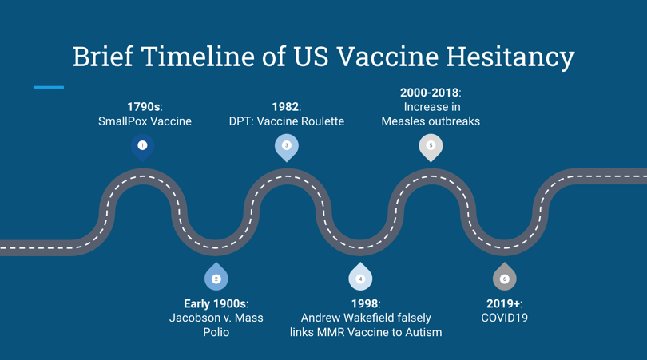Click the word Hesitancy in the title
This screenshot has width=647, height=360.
(x=510, y=57)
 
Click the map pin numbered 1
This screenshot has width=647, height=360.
(x=142, y=147)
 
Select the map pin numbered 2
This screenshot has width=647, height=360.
(x=216, y=276)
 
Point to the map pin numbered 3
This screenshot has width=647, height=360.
(x=287, y=147)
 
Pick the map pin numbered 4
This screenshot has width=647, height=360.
(x=360, y=276)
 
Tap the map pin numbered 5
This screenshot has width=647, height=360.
(x=431, y=147)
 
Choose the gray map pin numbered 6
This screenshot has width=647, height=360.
(x=504, y=276)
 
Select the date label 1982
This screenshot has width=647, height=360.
(x=285, y=107)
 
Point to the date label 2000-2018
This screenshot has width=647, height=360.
(x=429, y=93)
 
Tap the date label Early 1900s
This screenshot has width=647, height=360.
(x=215, y=304)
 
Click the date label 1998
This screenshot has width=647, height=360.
(x=365, y=304)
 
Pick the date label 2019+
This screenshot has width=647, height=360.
(x=503, y=304)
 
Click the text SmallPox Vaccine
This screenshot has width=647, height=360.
(x=145, y=121)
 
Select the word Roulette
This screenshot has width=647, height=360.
(x=323, y=121)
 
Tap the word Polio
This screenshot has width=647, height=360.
(x=216, y=332)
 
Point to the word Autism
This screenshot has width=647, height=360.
(x=423, y=332)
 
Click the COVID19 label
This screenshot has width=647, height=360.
(x=504, y=318)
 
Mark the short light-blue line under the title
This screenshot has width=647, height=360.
(x=49, y=88)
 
